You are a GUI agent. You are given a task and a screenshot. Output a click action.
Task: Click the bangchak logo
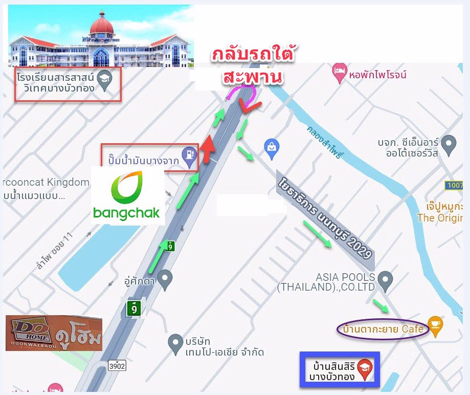click(127, 195)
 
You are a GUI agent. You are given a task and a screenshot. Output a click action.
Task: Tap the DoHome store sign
click(54, 333)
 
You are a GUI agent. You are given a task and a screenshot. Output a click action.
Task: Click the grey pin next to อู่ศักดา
click(164, 279)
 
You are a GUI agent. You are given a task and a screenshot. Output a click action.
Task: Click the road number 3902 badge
click(117, 365)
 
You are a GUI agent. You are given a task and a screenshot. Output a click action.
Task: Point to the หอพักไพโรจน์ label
click(377, 75)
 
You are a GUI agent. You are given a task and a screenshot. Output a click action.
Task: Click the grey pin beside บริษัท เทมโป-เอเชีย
click(175, 341)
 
